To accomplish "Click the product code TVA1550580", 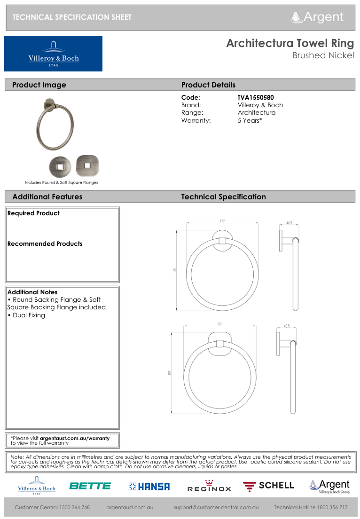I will pos(256,98).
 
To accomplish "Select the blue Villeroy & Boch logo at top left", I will pos(53,54).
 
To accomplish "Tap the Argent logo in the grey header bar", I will pos(318,17).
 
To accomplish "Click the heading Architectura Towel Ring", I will pos(290,44).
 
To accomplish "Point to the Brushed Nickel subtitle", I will pos(323,55).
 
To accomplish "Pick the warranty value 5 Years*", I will pos(250,120).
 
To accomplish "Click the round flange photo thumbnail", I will pos(60,166).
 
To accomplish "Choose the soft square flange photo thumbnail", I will pos(87,165).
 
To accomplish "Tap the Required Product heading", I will pos(33,213).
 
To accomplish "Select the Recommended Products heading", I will pos(45,244).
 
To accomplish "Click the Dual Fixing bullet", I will pos(26,315).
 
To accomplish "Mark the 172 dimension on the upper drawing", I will pos(222,221).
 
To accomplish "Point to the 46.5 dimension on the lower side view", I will pos(287,326).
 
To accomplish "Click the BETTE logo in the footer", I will pos(90,486).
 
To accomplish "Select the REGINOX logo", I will pos(209,486).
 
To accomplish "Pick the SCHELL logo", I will pos(268,486).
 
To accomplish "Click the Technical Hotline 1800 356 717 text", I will pos(311,508).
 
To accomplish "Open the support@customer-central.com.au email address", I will pos(216,508).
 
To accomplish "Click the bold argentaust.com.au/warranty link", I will pos(75,438).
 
